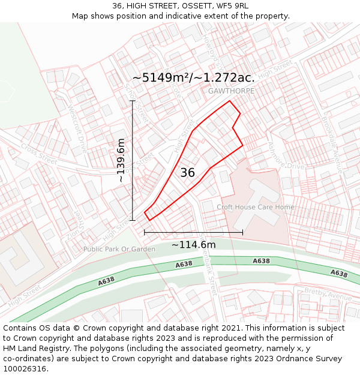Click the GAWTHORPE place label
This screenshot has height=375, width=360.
coord(232,91)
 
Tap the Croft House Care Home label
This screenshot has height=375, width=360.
coord(256,207)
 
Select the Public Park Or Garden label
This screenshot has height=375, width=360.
coord(119,249)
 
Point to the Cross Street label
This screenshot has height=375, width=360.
coord(39,154)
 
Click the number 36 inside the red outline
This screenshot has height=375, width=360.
coord(187,173)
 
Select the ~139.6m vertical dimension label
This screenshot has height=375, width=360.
coord(121,160)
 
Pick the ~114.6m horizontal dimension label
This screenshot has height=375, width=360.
coord(193,245)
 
